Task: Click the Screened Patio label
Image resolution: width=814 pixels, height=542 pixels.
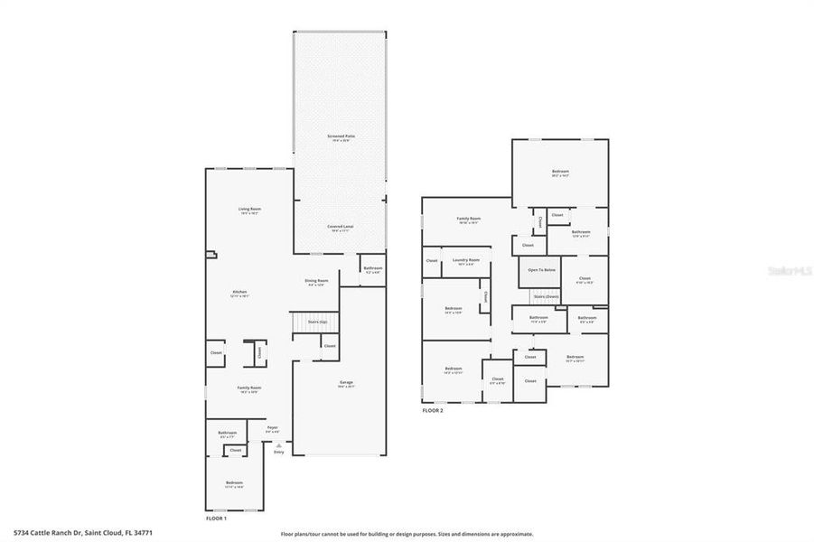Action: pos(340,137)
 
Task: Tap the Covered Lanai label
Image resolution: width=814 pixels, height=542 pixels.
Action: pos(340,227)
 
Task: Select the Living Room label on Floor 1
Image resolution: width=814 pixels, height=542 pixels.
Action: pos(249,210)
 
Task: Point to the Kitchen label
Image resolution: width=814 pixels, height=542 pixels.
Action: pos(240,293)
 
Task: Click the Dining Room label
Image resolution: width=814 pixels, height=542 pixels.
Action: pos(316,282)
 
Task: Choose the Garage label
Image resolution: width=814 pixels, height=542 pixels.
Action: pos(346,383)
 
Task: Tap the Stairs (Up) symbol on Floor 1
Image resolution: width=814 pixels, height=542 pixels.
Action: pos(315,322)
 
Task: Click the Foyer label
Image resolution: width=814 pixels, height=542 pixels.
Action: pos(272,429)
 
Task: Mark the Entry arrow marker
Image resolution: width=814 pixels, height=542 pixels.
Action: pos(279,445)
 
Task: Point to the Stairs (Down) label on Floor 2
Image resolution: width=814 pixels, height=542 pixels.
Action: pos(546,296)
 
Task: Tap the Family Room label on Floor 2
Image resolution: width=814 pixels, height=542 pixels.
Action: pos(468,220)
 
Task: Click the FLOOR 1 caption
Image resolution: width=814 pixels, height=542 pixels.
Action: pos(216,519)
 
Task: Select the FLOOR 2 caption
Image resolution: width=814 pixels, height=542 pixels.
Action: pos(433,410)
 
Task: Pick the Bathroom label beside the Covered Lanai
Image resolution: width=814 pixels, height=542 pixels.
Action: pos(373,269)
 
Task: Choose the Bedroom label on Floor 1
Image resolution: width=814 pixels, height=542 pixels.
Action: pos(234,484)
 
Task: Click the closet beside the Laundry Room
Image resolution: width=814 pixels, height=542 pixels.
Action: pos(431,261)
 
